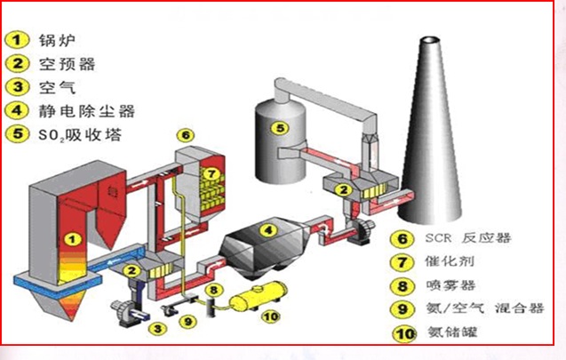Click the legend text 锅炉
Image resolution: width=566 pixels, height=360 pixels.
coord(55,40)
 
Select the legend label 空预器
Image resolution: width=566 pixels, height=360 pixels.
coord(67,63)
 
